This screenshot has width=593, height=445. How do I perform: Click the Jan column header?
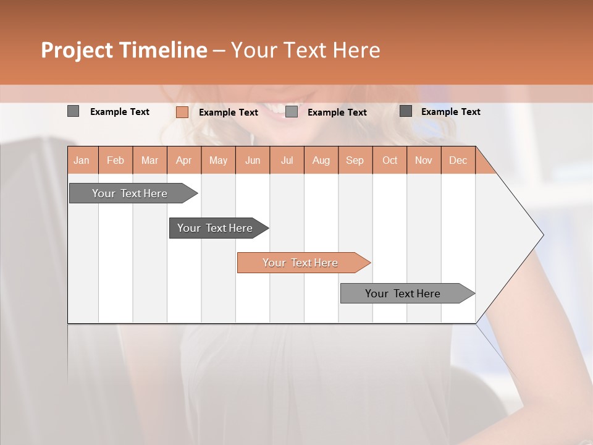tap(82, 160)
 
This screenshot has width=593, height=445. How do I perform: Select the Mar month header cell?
tap(149, 160)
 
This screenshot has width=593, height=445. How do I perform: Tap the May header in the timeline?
tap(218, 160)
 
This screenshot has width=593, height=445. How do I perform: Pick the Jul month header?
tap(287, 160)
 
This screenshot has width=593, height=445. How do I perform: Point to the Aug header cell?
tap(321, 160)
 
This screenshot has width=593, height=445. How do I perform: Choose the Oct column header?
tap(389, 160)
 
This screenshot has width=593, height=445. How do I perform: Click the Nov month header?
tap(423, 160)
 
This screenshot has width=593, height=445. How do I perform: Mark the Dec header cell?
tap(458, 160)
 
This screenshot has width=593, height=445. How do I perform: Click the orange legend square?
tap(182, 112)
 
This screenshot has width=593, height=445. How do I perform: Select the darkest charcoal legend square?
tap(405, 111)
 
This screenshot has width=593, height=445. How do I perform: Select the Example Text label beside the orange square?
tap(228, 112)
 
